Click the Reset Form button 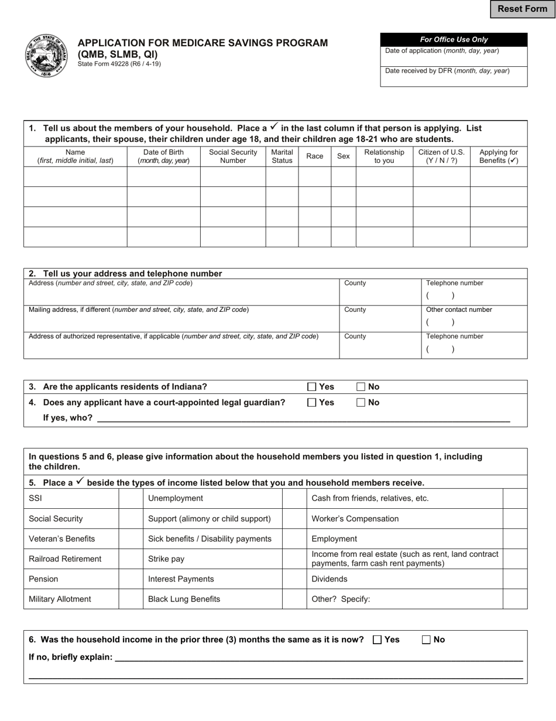point(522,9)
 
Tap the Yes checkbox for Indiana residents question point(312,387)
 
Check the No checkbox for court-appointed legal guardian point(361,403)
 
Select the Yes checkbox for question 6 point(377,640)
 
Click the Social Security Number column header point(233,156)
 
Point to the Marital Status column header point(282,156)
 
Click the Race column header point(314,156)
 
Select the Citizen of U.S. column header point(441,156)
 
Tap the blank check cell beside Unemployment point(294,498)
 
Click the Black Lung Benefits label point(184,599)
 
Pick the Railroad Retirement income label point(65,559)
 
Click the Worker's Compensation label point(355,519)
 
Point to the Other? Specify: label point(341,599)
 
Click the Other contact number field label point(459,310)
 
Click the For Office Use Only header point(454,40)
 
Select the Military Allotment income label point(60,599)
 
